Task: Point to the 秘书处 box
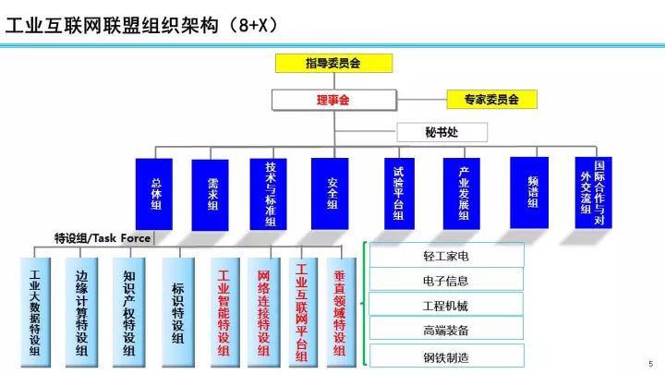pyautogui.click(x=441, y=133)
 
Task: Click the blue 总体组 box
pyautogui.click(x=154, y=194)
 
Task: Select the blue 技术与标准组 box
pyautogui.click(x=270, y=194)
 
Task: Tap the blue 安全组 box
pyautogui.click(x=331, y=194)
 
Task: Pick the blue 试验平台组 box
pyautogui.click(x=399, y=194)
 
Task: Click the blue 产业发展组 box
pyautogui.click(x=461, y=195)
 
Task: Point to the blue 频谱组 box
pyautogui.click(x=530, y=194)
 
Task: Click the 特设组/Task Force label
pyautogui.click(x=103, y=237)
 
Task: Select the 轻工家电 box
pyautogui.click(x=447, y=255)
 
